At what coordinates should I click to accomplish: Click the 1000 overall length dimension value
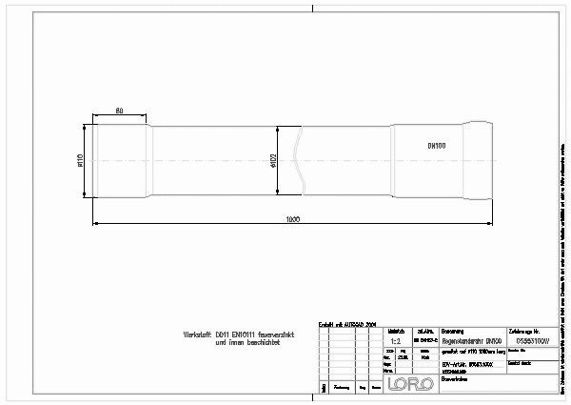tap(293, 219)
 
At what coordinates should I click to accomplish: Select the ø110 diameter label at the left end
tap(81, 160)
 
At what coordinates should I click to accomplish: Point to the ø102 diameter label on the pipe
tap(271, 160)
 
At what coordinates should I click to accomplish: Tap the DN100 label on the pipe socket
tap(437, 146)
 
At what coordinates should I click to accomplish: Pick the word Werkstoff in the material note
tap(198, 334)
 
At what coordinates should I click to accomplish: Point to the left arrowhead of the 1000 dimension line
tap(95, 225)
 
